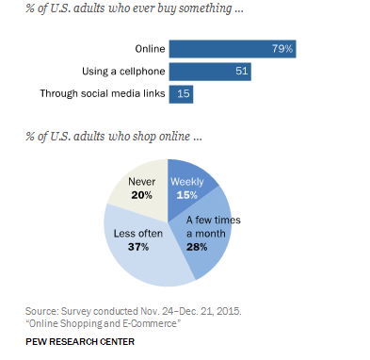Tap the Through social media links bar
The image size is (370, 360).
click(179, 93)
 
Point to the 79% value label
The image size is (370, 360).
click(282, 47)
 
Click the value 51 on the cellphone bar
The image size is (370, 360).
click(240, 70)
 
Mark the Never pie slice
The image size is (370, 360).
click(142, 188)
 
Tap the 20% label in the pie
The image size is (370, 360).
click(142, 194)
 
